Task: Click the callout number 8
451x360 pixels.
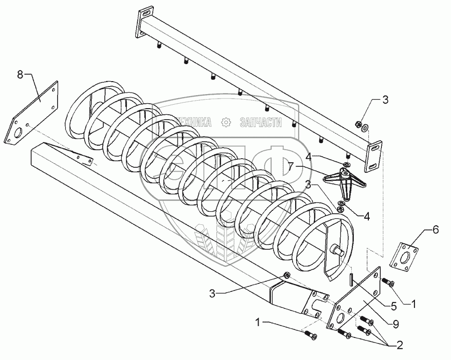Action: [20, 76]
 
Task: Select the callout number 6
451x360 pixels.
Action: [435, 230]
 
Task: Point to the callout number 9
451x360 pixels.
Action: [396, 324]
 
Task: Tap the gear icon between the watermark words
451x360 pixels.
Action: [227, 122]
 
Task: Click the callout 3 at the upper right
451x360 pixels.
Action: [384, 100]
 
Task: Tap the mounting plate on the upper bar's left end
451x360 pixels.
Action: [144, 23]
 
